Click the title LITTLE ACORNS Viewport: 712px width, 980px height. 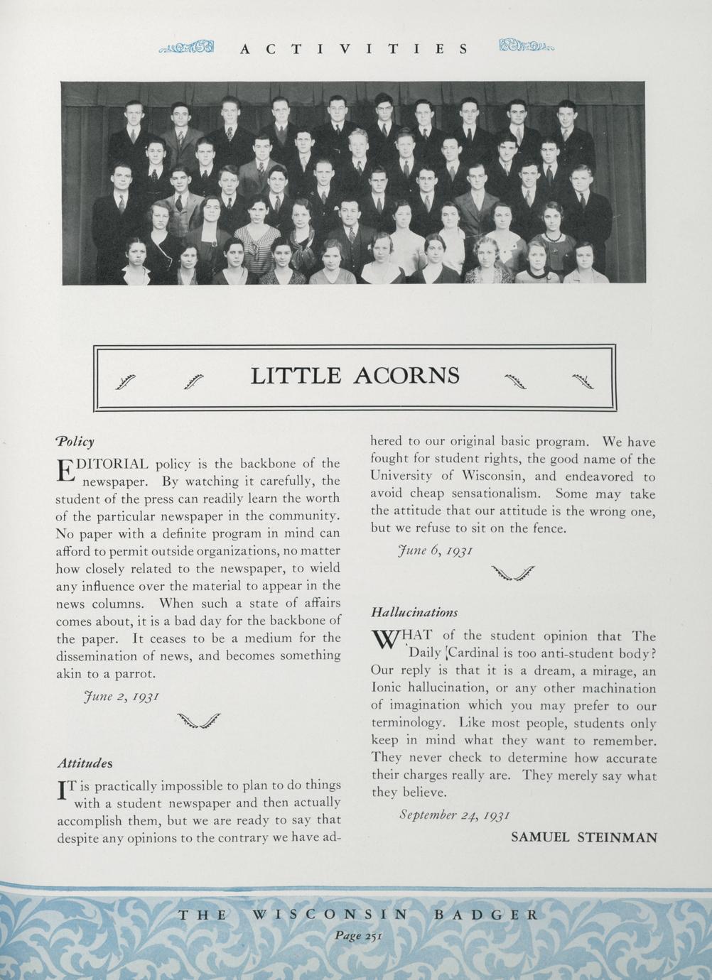[x=355, y=375]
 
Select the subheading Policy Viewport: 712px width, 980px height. [x=75, y=442]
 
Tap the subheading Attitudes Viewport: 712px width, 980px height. [x=85, y=763]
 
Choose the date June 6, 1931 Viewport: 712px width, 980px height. [x=433, y=550]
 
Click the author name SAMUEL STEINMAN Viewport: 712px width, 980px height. [x=584, y=837]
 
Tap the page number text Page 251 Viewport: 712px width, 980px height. [x=359, y=935]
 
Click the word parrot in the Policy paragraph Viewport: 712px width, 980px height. [x=134, y=673]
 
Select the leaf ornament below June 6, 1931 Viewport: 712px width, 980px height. [x=512, y=573]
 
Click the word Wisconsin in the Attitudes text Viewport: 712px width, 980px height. [x=490, y=477]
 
